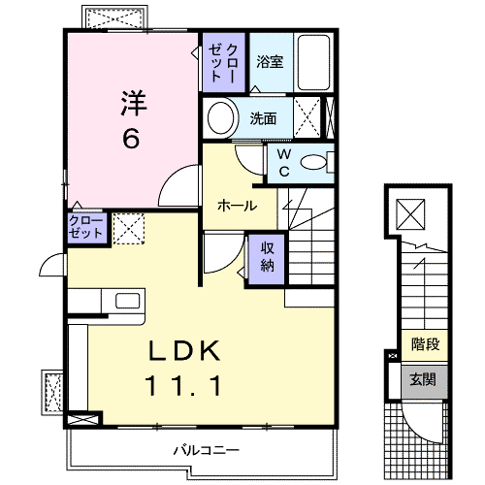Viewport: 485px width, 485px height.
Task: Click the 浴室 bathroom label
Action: click(270, 61)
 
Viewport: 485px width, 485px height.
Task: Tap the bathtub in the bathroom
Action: click(313, 62)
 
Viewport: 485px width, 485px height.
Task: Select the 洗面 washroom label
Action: click(263, 118)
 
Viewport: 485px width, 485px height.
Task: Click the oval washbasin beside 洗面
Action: click(221, 118)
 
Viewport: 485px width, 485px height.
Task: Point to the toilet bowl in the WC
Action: click(314, 162)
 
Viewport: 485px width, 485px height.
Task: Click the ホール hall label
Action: click(238, 206)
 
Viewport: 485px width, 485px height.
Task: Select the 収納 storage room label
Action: click(267, 257)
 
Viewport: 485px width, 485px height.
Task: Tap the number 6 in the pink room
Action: click(131, 138)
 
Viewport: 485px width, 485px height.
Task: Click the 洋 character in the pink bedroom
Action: click(134, 103)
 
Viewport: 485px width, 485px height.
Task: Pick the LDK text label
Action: click(184, 351)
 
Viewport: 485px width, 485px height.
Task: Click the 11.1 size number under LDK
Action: click(183, 386)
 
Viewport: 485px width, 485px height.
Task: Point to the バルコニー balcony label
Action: click(207, 450)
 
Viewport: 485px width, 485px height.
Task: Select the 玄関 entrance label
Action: click(423, 379)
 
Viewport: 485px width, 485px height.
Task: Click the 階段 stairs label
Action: click(426, 344)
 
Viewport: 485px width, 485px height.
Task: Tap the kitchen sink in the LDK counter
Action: click(128, 301)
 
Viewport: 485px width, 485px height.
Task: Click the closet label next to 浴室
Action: click(223, 62)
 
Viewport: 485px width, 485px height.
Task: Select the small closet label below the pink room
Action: click(85, 227)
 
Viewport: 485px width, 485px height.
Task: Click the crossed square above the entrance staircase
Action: click(410, 214)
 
